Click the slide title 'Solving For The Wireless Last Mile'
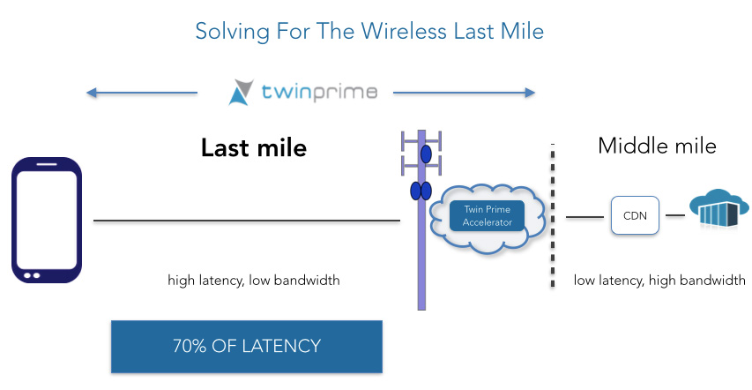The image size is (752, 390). coord(369,32)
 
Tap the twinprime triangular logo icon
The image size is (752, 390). coord(241,92)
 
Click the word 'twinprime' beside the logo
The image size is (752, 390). coord(319,92)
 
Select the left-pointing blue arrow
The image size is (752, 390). coord(141,93)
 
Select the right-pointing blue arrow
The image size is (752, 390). coord(464,93)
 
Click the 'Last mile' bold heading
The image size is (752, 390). coord(254,147)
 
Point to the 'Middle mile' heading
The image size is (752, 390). coord(657,146)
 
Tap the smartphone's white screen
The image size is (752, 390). coord(47,220)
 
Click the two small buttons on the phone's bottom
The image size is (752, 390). coord(32,275)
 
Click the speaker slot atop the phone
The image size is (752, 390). coord(47,164)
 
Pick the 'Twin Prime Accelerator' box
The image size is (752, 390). coord(487,215)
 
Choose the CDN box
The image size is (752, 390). coord(635,215)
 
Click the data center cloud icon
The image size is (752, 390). coord(718,207)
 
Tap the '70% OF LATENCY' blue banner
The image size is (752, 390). coord(247,346)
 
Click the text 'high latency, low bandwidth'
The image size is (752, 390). coord(254,280)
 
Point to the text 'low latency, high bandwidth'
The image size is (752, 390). coord(659,280)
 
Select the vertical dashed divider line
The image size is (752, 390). coord(553,215)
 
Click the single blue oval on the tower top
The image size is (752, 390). coord(426,154)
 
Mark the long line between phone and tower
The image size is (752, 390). coord(247,221)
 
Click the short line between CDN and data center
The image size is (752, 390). coord(675,215)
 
